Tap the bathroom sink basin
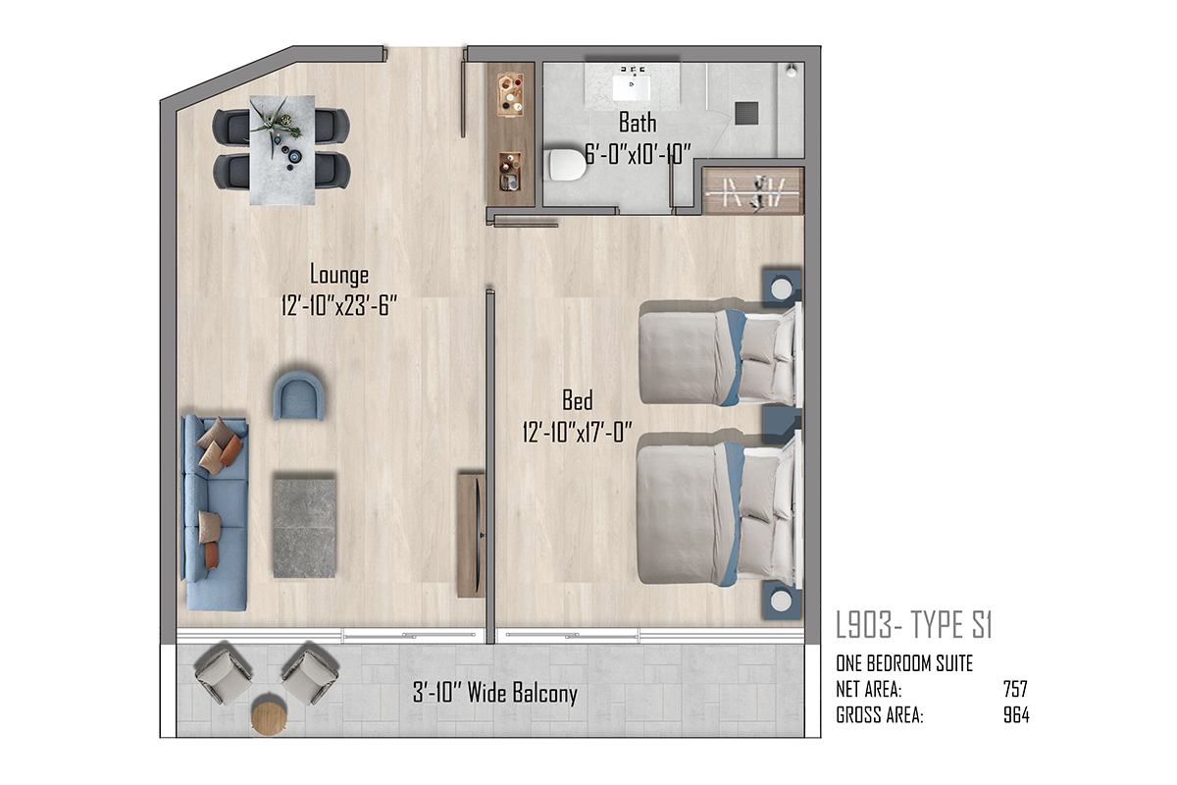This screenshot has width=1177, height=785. (632, 87)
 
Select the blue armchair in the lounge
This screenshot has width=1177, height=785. (298, 395)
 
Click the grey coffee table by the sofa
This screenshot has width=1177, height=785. (304, 528)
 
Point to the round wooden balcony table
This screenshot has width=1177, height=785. (269, 717)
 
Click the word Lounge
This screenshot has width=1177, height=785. (339, 275)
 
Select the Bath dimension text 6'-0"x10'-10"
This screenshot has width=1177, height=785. (638, 154)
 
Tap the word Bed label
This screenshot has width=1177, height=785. (578, 400)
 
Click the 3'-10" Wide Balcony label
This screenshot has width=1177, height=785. (495, 693)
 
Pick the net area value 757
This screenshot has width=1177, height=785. (1015, 689)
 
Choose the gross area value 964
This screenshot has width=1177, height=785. (1016, 715)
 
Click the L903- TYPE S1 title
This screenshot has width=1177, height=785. (914, 625)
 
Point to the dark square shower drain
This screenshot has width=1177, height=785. (746, 113)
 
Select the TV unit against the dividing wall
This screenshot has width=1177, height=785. (471, 535)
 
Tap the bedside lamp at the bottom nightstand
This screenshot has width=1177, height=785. (781, 602)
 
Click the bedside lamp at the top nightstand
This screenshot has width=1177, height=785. (782, 288)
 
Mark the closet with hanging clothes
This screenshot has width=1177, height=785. (753, 191)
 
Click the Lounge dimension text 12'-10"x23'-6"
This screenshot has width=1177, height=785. (339, 306)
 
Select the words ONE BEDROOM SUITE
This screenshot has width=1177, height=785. (904, 663)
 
